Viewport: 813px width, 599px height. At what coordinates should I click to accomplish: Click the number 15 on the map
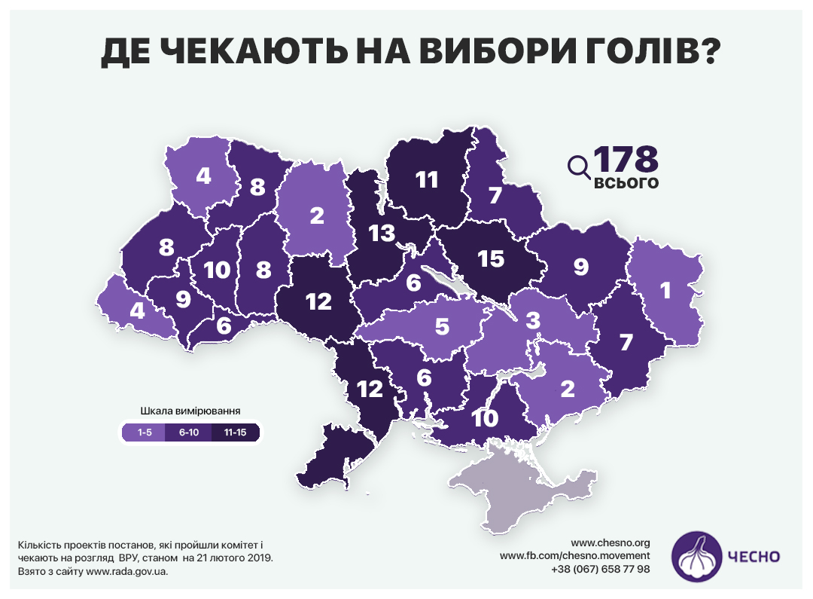click(490, 258)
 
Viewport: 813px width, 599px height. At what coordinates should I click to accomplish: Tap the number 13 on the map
click(382, 234)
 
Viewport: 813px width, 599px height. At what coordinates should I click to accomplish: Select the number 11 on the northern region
click(426, 179)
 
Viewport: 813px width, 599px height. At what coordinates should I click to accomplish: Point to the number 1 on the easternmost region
click(665, 290)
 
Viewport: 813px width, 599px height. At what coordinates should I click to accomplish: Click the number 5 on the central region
click(441, 327)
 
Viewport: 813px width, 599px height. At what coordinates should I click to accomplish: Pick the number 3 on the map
click(533, 321)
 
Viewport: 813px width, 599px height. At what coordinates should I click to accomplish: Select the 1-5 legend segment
click(144, 432)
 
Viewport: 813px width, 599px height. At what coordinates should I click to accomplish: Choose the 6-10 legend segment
click(189, 432)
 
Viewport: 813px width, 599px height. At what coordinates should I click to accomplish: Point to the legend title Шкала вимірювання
click(190, 411)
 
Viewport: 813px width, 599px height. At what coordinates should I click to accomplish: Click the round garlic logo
click(695, 557)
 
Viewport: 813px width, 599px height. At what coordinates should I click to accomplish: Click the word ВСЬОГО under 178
click(626, 183)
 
